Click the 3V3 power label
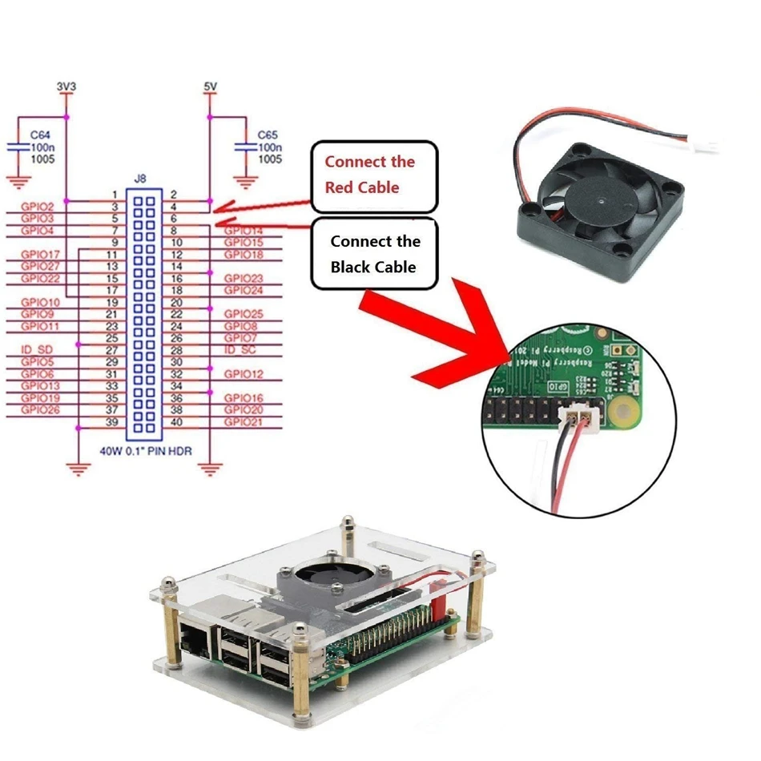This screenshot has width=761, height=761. point(66,84)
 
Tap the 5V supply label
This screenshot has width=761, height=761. point(210,84)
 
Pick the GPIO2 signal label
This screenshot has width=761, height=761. point(38,207)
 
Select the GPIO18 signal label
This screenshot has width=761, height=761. point(244,255)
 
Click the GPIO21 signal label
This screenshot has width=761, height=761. point(244,422)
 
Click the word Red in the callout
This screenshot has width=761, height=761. point(340,187)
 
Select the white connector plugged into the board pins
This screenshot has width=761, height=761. point(579,417)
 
